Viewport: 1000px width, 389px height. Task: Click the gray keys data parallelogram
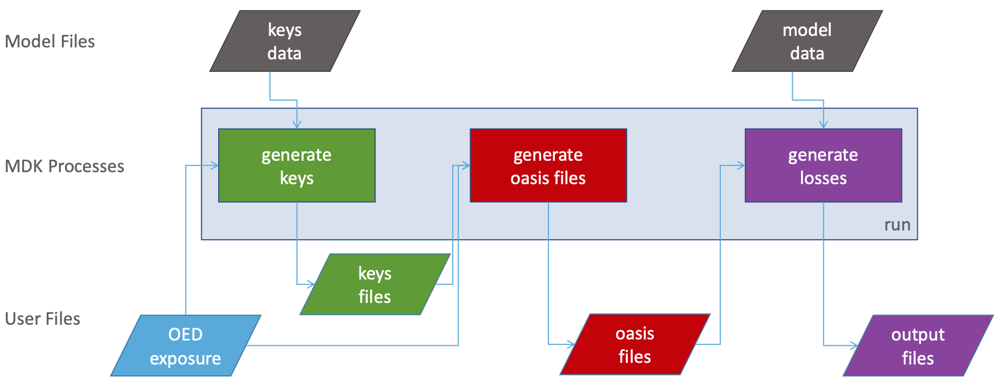(x=285, y=41)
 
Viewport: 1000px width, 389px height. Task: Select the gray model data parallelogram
(x=807, y=41)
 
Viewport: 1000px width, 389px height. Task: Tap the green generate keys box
(x=297, y=166)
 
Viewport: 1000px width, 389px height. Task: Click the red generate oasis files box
(x=548, y=166)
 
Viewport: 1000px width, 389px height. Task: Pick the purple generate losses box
(x=823, y=166)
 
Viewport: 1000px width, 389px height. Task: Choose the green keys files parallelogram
(x=375, y=284)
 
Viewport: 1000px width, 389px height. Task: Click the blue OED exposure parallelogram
(x=186, y=345)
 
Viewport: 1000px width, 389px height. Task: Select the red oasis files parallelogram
(x=634, y=344)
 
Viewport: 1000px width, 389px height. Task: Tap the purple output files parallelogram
(x=918, y=345)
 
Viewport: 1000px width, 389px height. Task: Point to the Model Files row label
(x=50, y=41)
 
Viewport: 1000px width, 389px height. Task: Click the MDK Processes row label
(x=64, y=166)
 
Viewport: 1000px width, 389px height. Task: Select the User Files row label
(x=42, y=319)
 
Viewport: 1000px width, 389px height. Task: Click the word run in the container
(x=897, y=225)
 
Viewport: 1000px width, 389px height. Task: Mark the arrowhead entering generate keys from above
(x=297, y=125)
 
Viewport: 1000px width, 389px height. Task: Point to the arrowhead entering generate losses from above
(x=823, y=125)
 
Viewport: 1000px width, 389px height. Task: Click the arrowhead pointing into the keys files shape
(x=311, y=284)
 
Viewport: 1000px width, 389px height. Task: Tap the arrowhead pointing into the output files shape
(x=854, y=345)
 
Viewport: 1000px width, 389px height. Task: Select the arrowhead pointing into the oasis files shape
(x=571, y=344)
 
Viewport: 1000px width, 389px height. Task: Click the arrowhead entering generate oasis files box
(x=466, y=166)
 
